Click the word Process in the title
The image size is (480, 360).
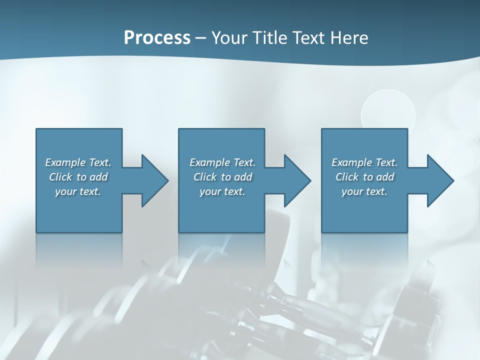click(x=157, y=38)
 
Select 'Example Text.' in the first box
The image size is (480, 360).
click(x=78, y=162)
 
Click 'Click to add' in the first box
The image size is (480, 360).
click(x=78, y=177)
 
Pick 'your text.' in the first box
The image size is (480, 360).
click(x=78, y=191)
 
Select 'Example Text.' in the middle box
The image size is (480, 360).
click(x=222, y=162)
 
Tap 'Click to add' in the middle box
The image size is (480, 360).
click(x=222, y=177)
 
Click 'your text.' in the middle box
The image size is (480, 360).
click(x=222, y=191)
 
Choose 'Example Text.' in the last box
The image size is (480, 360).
click(x=364, y=162)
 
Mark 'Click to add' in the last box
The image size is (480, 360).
click(x=364, y=177)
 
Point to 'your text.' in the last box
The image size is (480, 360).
click(x=364, y=191)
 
